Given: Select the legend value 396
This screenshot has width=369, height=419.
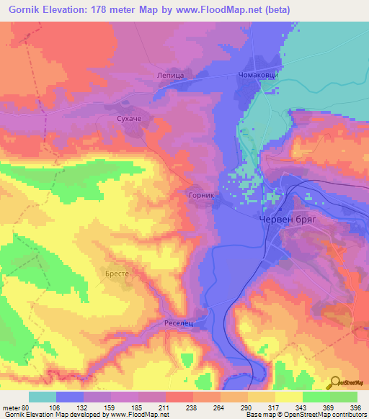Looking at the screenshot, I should pos(355,407).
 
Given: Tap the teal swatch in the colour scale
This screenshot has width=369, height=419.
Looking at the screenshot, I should pos(42,397).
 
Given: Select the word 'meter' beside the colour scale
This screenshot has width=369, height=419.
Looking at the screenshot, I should pos(11,407).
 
